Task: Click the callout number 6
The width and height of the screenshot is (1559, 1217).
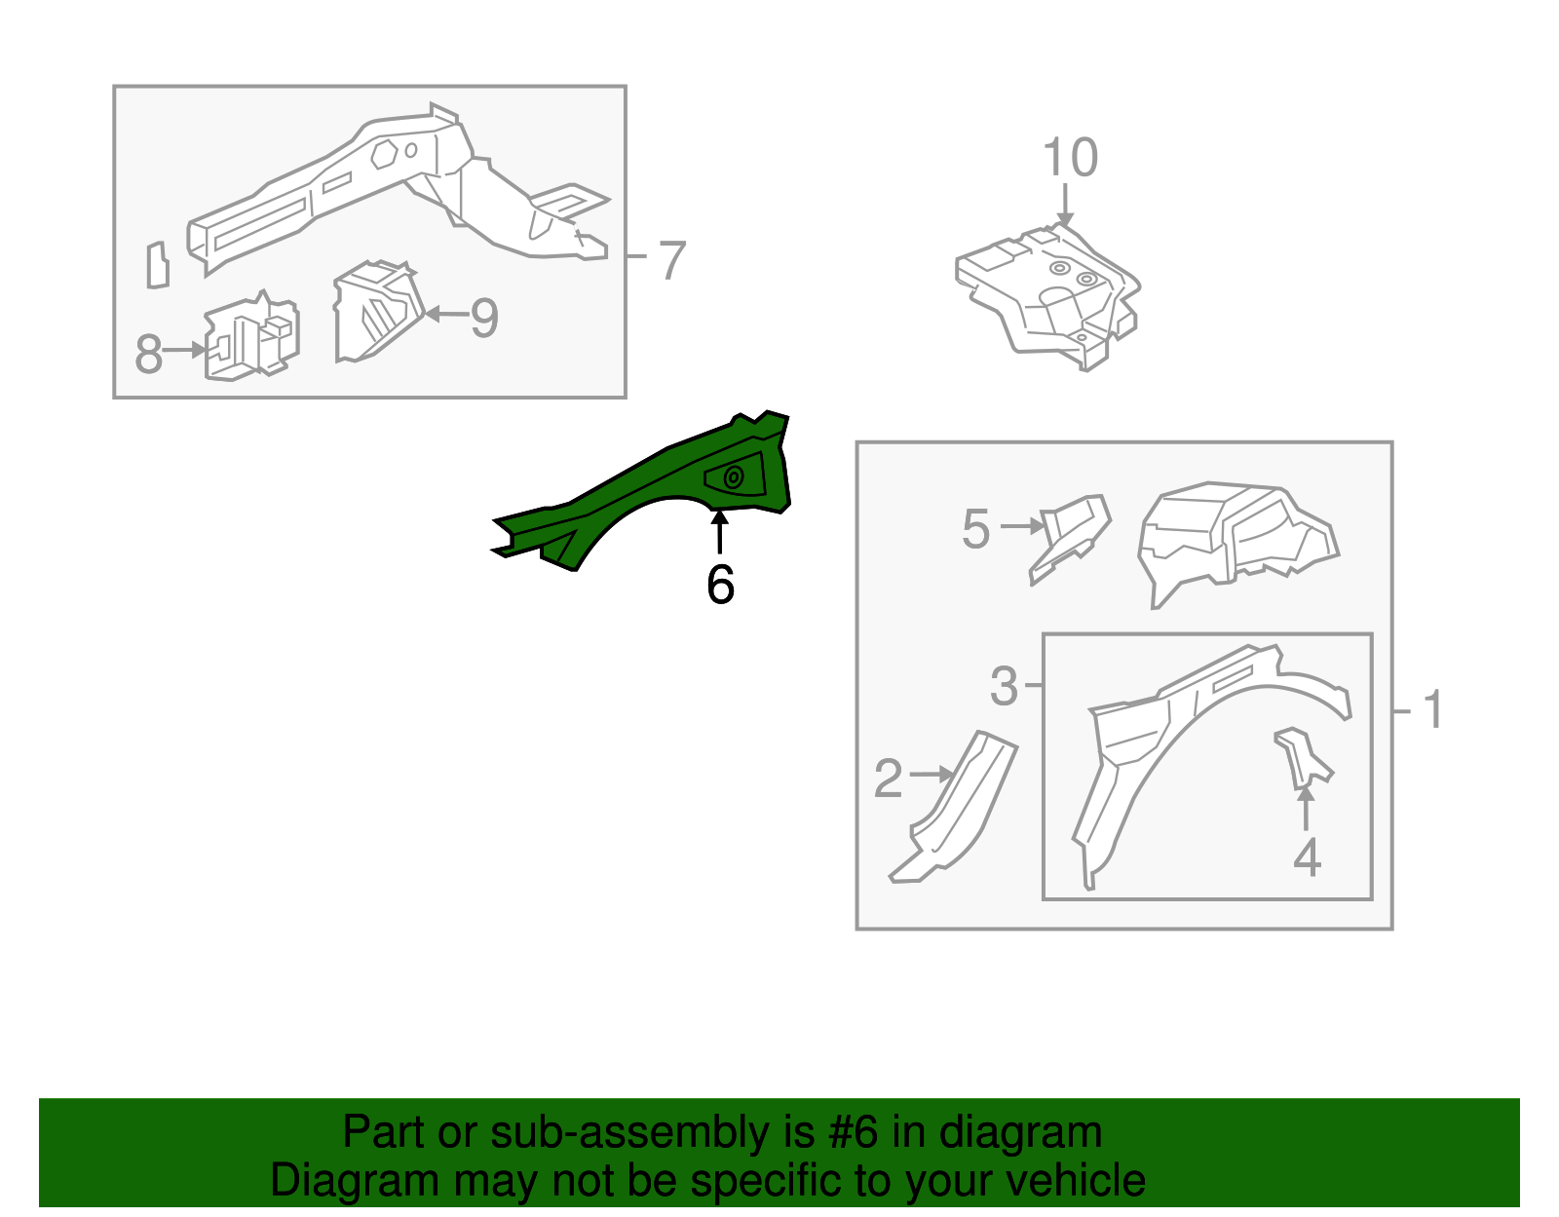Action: [720, 585]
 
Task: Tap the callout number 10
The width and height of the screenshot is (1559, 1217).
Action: [1070, 157]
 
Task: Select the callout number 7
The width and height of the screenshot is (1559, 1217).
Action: [671, 260]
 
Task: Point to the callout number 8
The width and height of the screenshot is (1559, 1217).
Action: [148, 354]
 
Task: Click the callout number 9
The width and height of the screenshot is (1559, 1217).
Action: [484, 318]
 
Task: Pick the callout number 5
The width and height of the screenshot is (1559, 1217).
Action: [975, 529]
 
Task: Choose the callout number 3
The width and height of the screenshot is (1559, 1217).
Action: [1004, 686]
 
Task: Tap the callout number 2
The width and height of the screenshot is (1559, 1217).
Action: [889, 779]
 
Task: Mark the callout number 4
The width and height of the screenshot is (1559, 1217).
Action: [1308, 857]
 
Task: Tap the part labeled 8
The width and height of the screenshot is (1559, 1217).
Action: [251, 337]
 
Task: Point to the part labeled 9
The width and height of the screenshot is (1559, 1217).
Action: [377, 312]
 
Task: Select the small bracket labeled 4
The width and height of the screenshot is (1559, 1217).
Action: [1302, 759]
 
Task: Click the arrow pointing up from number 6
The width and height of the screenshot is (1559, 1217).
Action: [719, 532]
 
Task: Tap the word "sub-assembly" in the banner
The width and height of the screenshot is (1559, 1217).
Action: [653, 1133]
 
